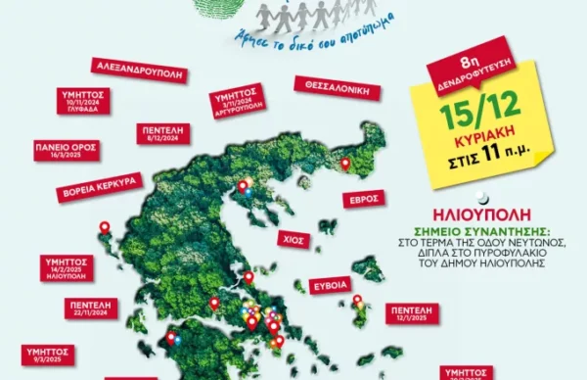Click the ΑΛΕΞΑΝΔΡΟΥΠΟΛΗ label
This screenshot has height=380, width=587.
(x=136, y=68)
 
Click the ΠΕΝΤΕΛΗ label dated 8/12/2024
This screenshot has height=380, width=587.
(x=160, y=134)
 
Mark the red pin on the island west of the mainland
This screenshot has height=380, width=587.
(x=105, y=228)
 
